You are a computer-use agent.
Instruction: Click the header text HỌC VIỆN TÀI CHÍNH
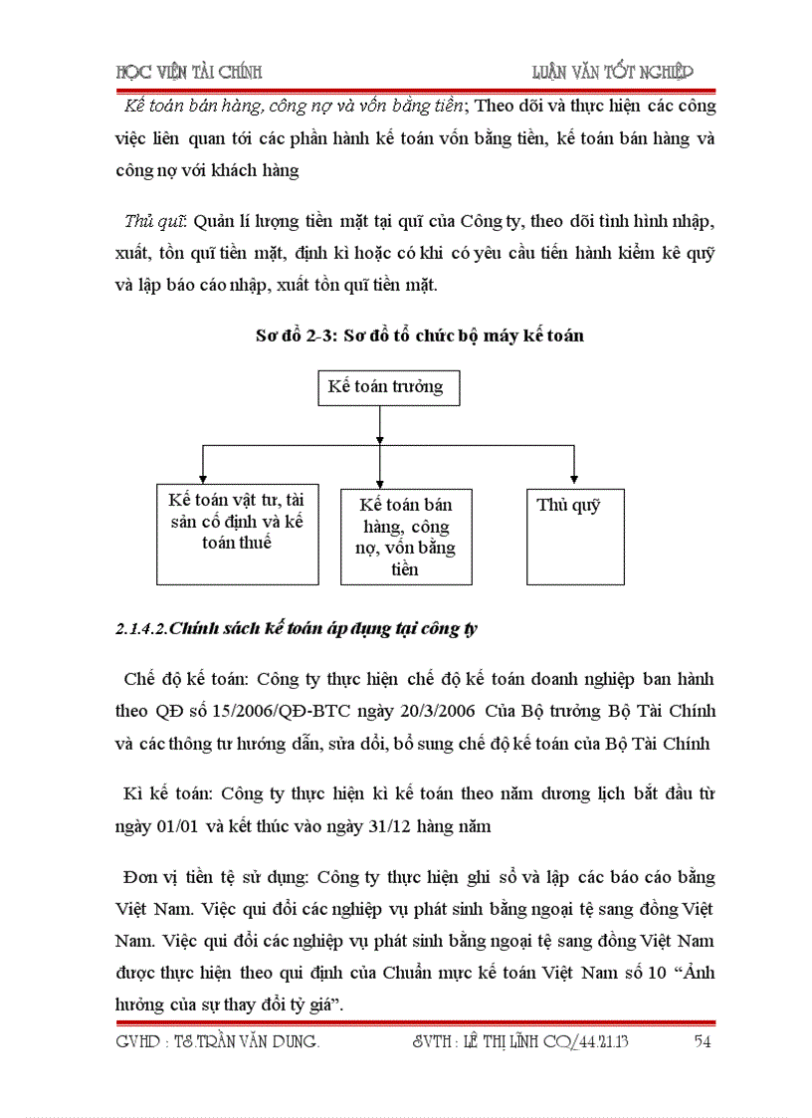[x=189, y=72]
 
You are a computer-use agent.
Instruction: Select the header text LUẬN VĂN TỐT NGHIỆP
[x=613, y=72]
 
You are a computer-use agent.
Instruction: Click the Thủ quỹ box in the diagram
[x=575, y=536]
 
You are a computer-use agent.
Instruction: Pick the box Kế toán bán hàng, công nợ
[x=406, y=536]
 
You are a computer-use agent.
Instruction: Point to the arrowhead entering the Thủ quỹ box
[x=574, y=482]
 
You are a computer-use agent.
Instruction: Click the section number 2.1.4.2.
[x=142, y=628]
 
